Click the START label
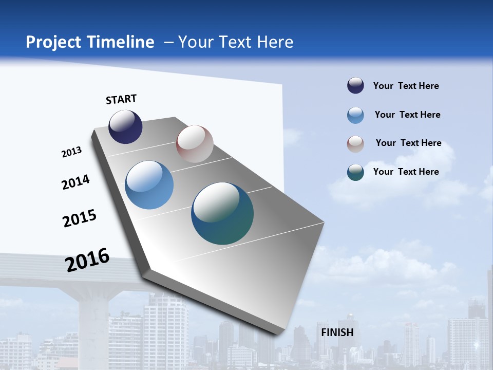coord(121,99)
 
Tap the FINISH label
coord(337,332)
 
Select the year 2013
coord(71,152)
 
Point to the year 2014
coord(76,182)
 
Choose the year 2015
coord(80,218)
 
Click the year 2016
coord(87,260)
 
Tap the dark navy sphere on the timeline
coord(125,127)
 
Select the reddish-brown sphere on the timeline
coord(195,144)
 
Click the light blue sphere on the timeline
coord(149,185)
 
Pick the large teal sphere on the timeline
coord(222,213)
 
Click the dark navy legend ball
coord(355,86)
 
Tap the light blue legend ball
coord(355,115)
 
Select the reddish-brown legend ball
coord(355,144)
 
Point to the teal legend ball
coord(355,172)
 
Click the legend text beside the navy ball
coord(406,86)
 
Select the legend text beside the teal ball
coord(406,172)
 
